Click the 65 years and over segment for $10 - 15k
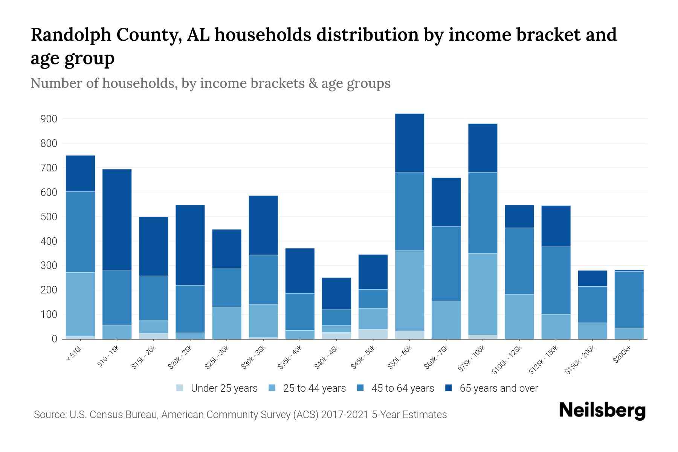(117, 220)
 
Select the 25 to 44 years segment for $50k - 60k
(409, 290)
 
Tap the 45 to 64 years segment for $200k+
(629, 299)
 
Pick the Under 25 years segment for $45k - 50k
(373, 334)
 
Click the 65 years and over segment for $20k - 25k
(190, 245)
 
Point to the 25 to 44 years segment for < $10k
(80, 304)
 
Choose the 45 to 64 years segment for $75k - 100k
(483, 213)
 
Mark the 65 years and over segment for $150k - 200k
(592, 278)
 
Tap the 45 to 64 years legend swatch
(360, 388)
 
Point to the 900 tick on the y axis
(49, 119)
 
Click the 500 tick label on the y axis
(49, 217)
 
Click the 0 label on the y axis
(54, 339)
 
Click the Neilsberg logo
(602, 411)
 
